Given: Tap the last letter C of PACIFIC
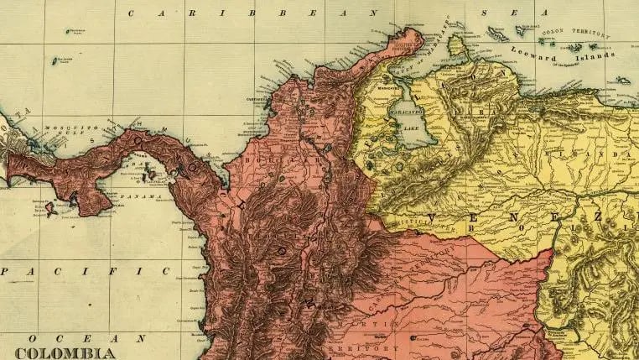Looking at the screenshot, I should (166, 270).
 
